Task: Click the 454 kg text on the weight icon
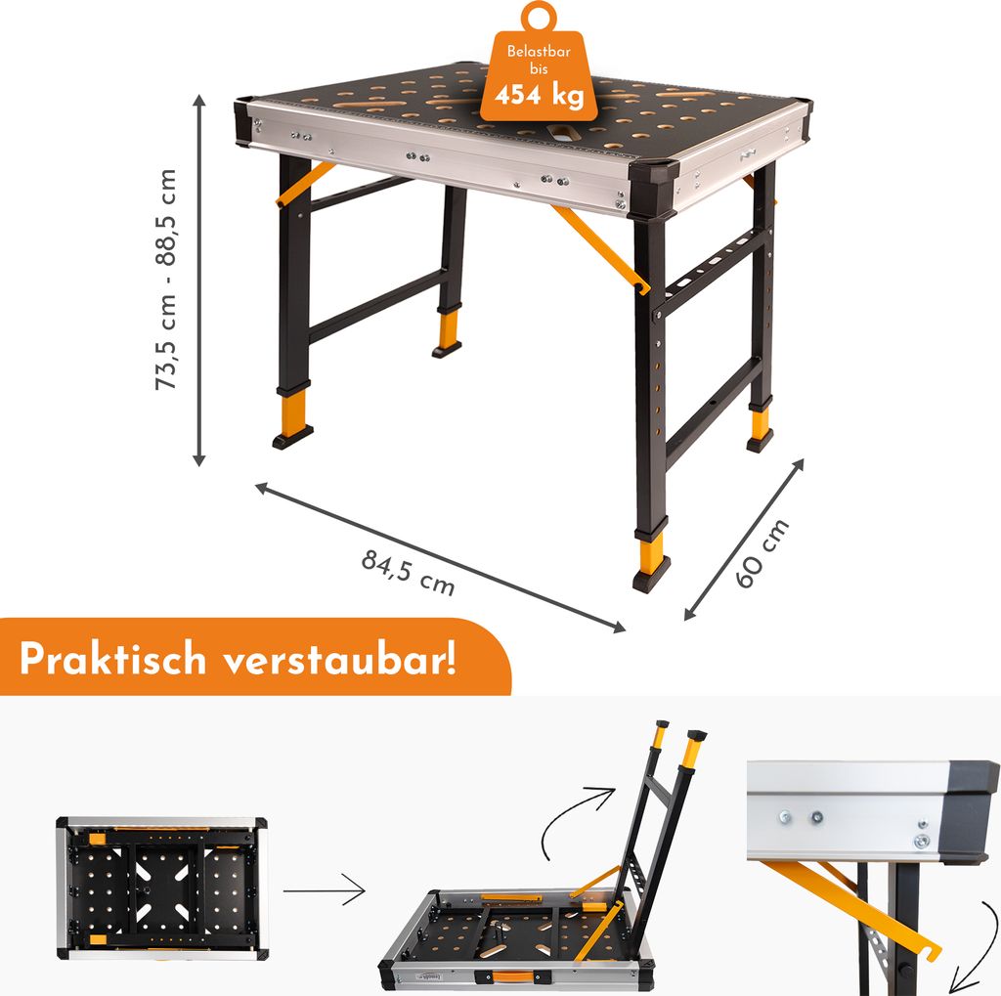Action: click(540, 95)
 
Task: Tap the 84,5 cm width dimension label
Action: click(409, 572)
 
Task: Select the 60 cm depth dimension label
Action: click(762, 553)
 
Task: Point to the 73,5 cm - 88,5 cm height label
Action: click(166, 279)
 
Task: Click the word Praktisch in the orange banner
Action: click(113, 658)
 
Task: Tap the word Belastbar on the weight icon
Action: click(539, 51)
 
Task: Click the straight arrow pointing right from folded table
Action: click(324, 889)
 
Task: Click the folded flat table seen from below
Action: click(161, 888)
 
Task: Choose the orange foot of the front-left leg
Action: click(292, 408)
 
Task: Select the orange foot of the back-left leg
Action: click(448, 326)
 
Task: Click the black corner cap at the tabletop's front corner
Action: click(652, 186)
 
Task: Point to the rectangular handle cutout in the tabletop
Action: click(562, 131)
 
